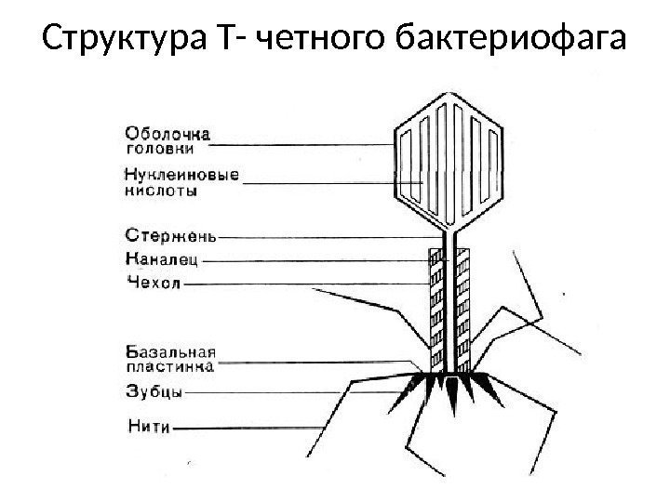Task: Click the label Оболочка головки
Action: coord(167,139)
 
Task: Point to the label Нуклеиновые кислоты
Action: coord(181,183)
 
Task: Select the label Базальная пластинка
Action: coord(170,359)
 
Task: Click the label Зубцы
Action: coord(154,391)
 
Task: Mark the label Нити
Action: coord(146,428)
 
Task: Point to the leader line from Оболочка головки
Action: coord(302,145)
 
